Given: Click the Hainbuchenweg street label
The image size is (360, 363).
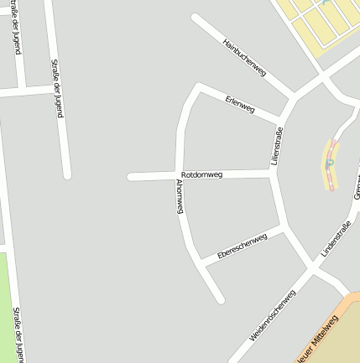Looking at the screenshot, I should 244,58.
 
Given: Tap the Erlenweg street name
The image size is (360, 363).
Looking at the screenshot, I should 240,105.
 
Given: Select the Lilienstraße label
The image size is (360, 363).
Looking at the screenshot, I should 277,145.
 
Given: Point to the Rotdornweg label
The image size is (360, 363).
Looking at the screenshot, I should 201,174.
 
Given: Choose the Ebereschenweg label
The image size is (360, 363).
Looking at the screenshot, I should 242,246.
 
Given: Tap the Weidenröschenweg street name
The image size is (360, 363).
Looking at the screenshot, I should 273,315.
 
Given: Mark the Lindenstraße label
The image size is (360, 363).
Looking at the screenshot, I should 336,238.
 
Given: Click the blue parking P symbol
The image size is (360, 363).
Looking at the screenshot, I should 330,163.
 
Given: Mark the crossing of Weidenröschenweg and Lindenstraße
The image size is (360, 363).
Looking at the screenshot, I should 312,271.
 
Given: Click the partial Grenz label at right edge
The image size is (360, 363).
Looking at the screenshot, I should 356,189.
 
